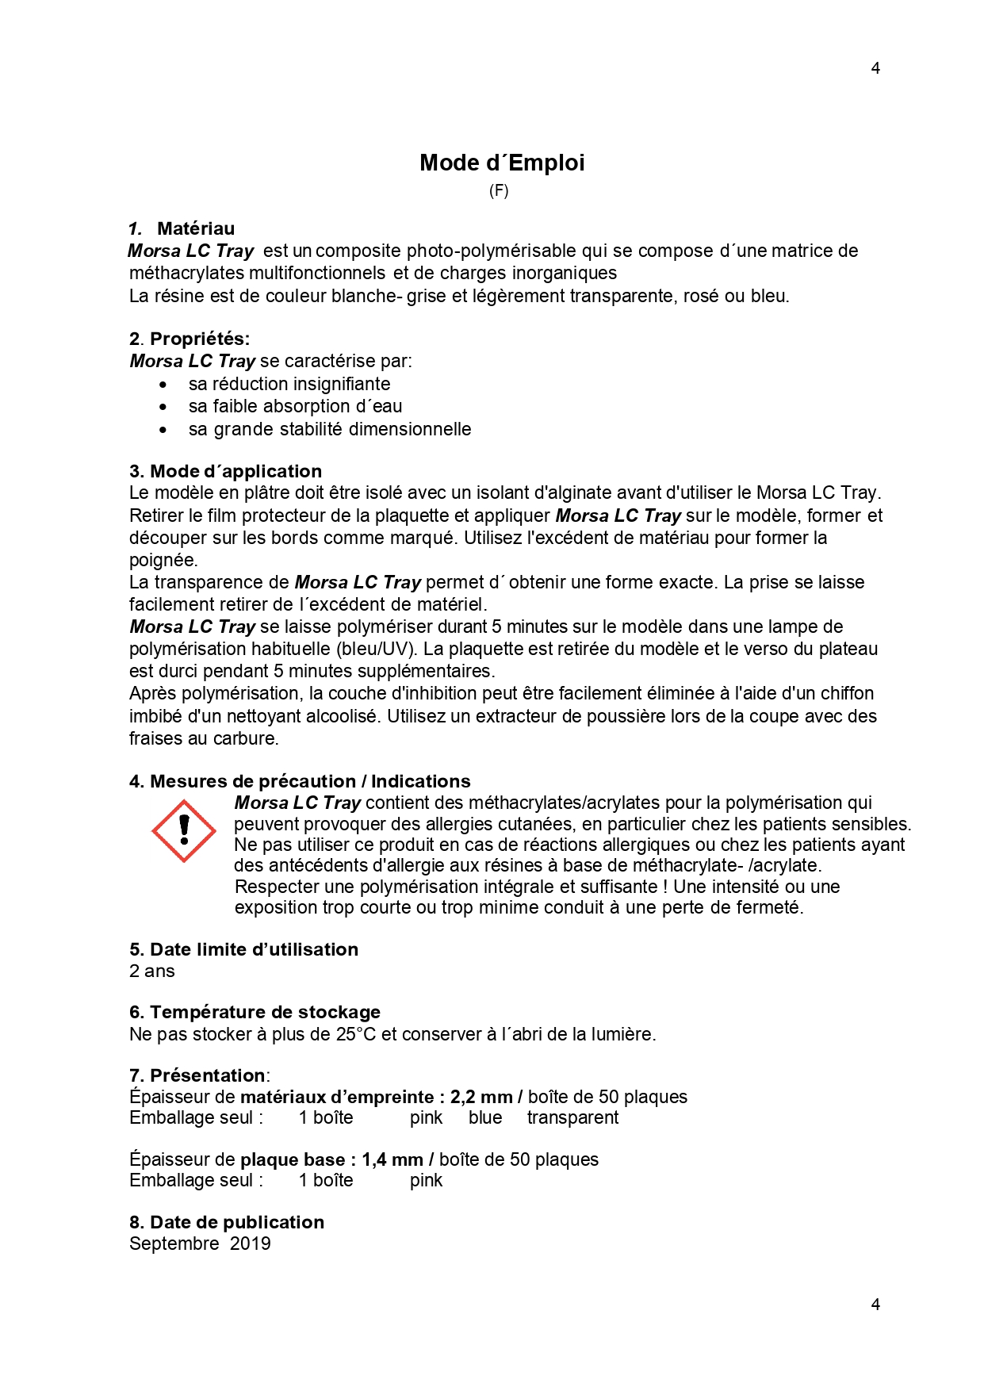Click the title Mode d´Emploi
pos(502,163)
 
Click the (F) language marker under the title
pos(498,190)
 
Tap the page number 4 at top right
pos(875,68)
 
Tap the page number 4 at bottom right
pos(875,1304)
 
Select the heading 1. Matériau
pos(182,228)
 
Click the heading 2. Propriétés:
pos(190,339)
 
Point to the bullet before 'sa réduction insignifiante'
pos(163,385)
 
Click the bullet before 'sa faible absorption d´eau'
pos(163,407)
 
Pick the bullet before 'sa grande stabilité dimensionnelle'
pos(163,430)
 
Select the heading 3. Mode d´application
pos(225,471)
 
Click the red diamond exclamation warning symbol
pos(184,830)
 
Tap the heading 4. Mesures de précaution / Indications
pos(300,781)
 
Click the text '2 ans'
pos(152,971)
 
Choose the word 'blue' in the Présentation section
pos(485,1117)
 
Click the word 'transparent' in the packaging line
pos(572,1117)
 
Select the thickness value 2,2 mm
pos(481,1097)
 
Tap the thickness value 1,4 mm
pos(392,1159)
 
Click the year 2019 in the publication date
pos(251,1243)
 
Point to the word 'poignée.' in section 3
pos(163,560)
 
